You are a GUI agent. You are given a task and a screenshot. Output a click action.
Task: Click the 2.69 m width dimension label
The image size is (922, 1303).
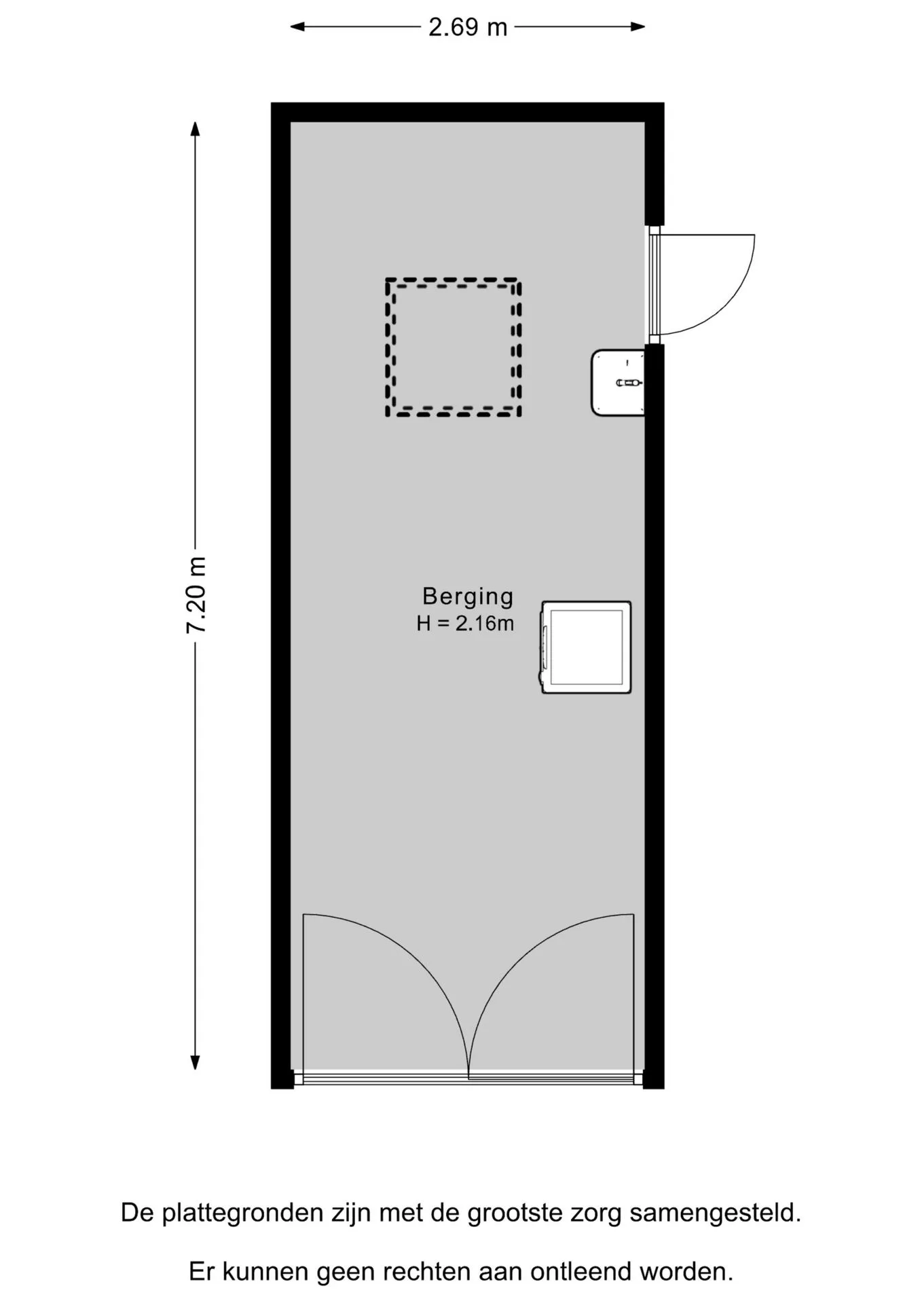point(468,27)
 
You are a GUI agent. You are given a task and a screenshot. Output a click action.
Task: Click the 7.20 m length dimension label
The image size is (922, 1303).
point(196,595)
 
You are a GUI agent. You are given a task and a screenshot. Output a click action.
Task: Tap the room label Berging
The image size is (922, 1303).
point(468,597)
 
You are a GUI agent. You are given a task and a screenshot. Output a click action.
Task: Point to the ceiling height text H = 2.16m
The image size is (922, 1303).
point(465,623)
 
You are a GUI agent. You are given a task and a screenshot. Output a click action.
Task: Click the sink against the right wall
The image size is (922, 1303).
point(618,383)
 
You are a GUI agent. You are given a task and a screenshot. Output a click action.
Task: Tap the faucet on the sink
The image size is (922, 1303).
point(629,383)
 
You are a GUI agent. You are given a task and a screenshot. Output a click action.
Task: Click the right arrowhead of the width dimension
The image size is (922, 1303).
point(638,27)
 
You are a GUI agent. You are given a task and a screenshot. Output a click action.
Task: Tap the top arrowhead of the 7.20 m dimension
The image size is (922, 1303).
point(196,129)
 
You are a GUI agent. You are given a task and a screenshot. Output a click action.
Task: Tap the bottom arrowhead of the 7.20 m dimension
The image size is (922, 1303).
point(196,1063)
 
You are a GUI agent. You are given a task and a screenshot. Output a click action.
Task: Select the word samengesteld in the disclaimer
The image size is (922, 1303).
point(716,1213)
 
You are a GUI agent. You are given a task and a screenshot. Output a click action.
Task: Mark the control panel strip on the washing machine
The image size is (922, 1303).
point(545,647)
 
